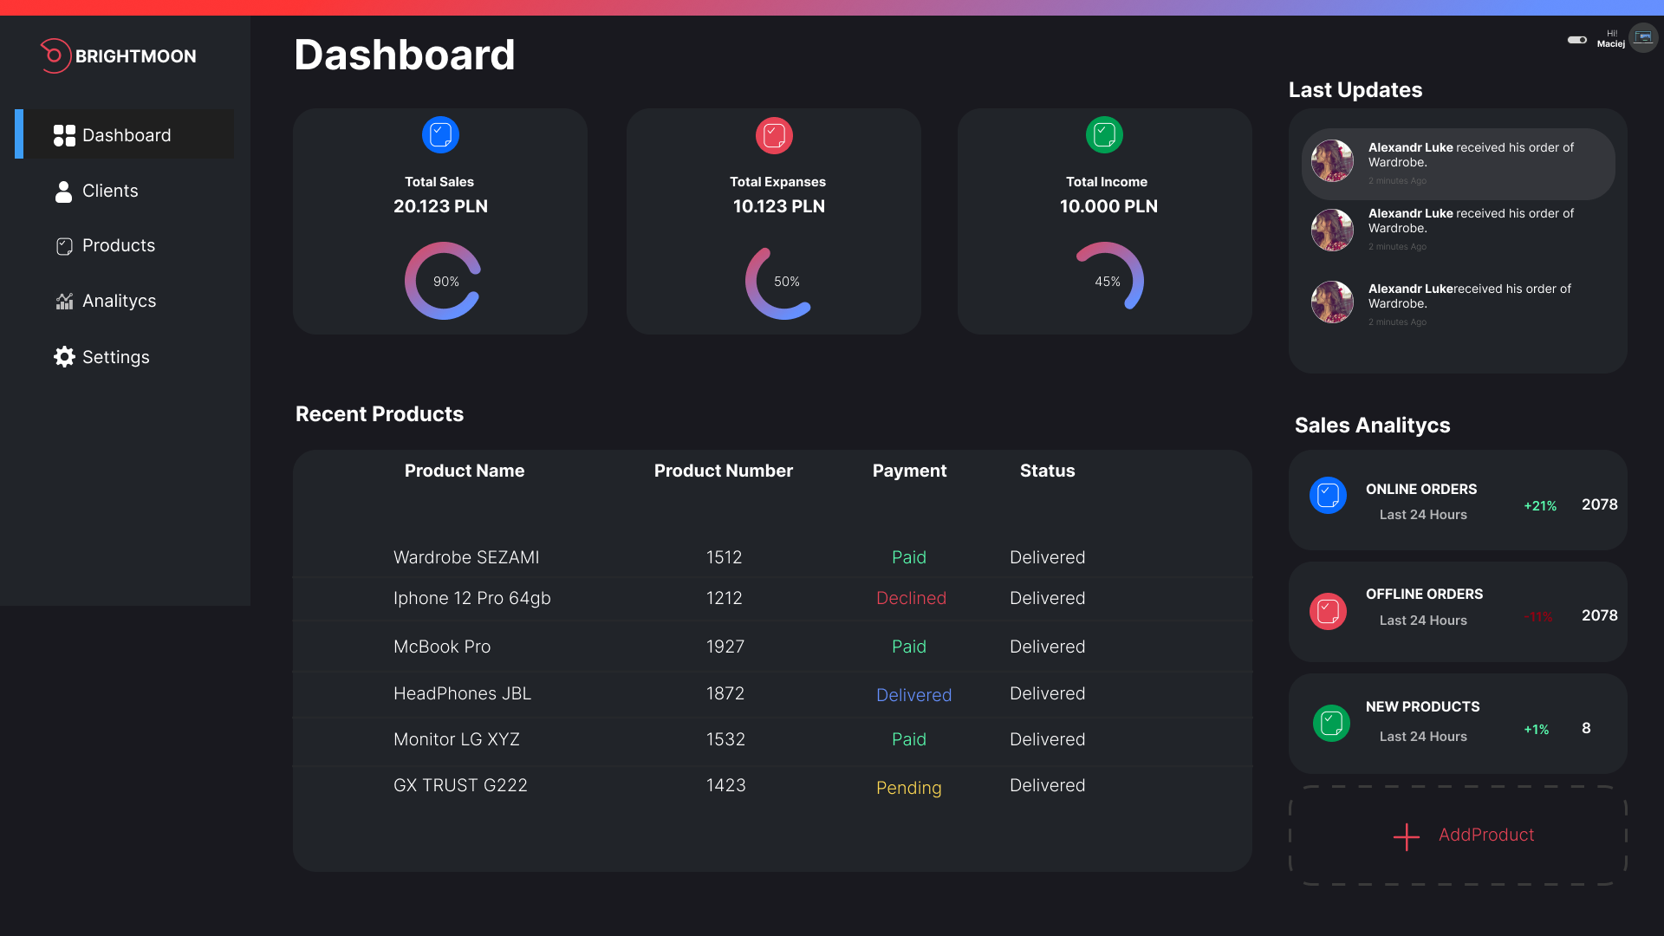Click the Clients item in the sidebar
click(x=109, y=192)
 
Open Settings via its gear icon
click(x=64, y=357)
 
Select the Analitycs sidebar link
click(x=119, y=302)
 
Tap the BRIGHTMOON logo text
click(x=135, y=56)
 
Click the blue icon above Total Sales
click(x=440, y=135)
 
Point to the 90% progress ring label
click(x=445, y=282)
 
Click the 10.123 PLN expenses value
click(x=778, y=206)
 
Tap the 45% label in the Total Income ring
click(x=1107, y=282)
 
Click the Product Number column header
click(x=723, y=471)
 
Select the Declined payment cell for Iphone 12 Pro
click(x=911, y=598)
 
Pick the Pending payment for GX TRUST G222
click(x=908, y=788)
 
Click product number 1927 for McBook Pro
click(x=725, y=647)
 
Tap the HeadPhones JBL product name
click(x=462, y=693)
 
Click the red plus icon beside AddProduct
click(x=1406, y=836)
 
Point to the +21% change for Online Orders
click(x=1540, y=506)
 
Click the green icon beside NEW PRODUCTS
click(x=1331, y=723)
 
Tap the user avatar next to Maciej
click(x=1642, y=38)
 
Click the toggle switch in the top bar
click(x=1576, y=40)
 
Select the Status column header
click(x=1047, y=471)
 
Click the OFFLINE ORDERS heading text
click(x=1424, y=595)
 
